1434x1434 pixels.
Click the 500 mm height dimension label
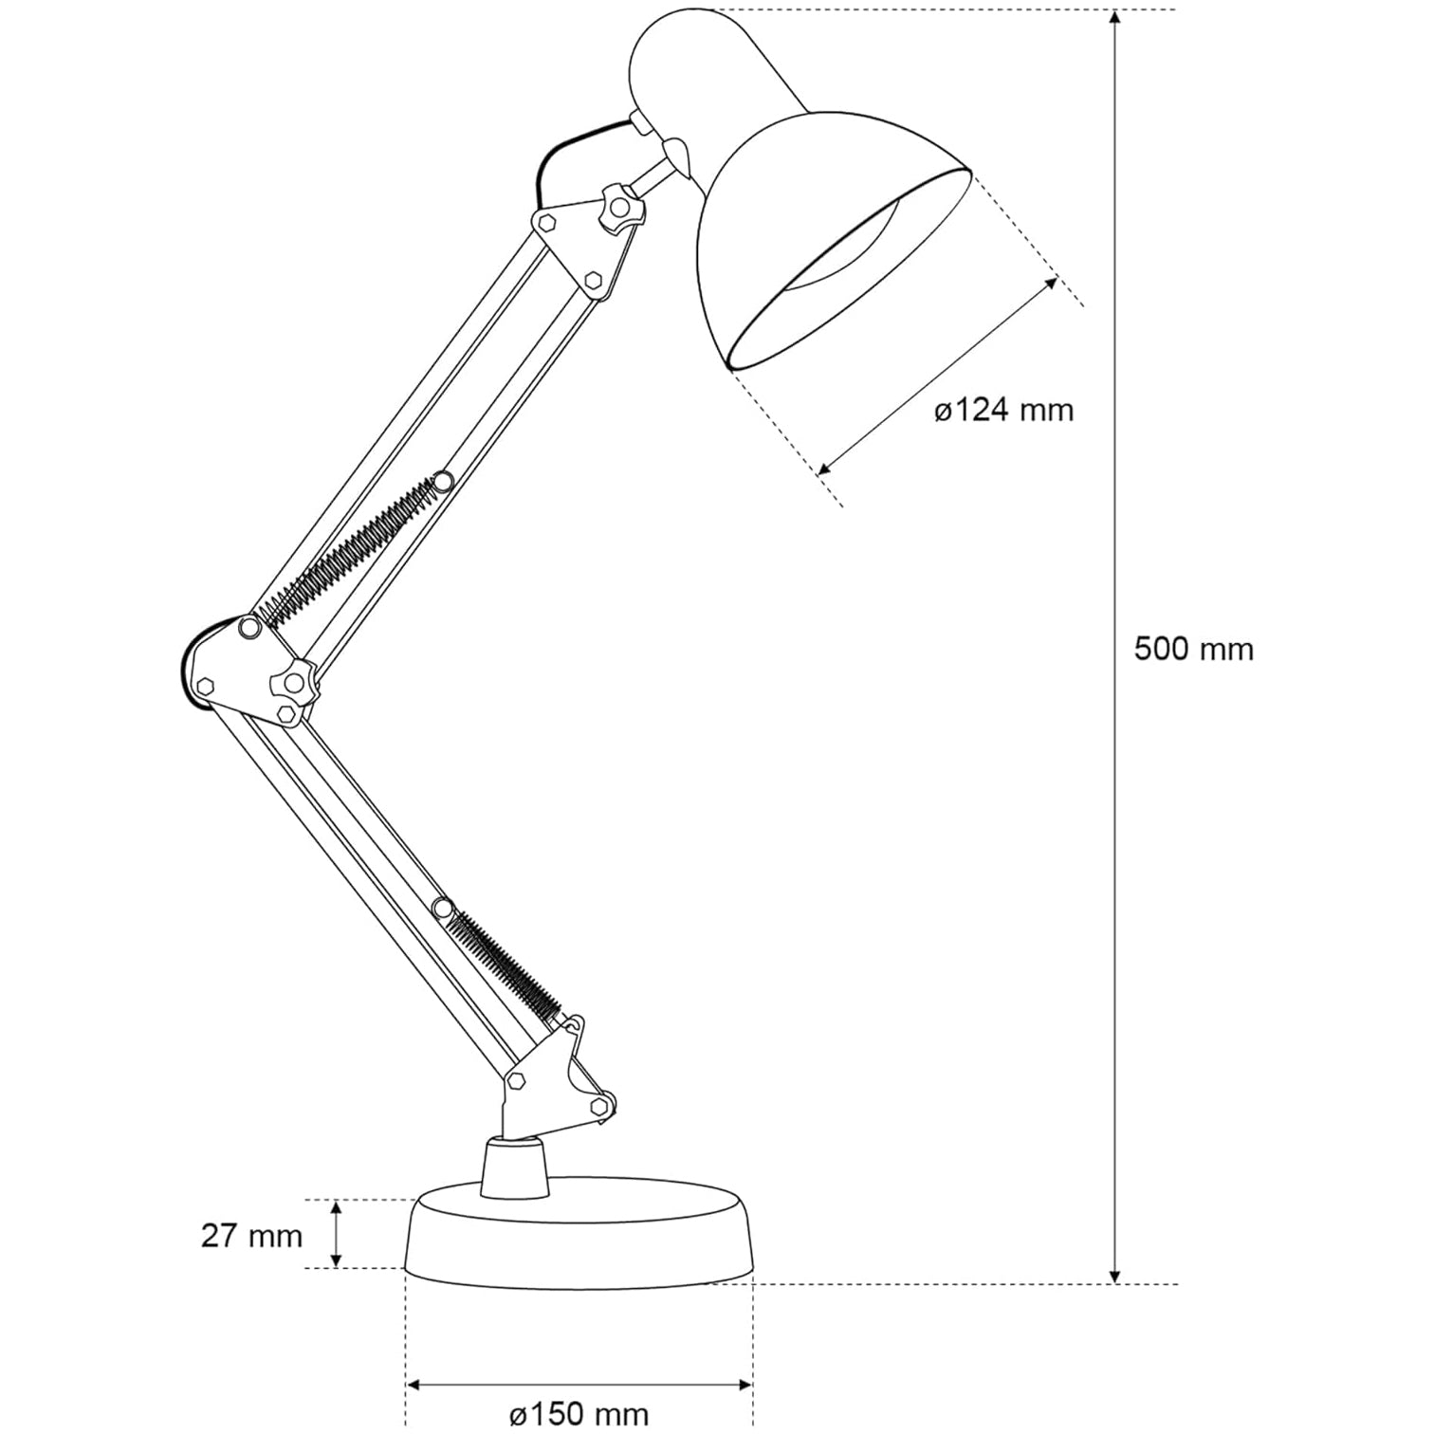click(x=1193, y=650)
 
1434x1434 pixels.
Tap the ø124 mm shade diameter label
click(x=1003, y=411)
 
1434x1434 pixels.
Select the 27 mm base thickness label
click(x=251, y=1236)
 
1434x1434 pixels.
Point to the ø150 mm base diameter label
click(x=579, y=1414)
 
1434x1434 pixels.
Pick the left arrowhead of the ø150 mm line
click(x=414, y=1386)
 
